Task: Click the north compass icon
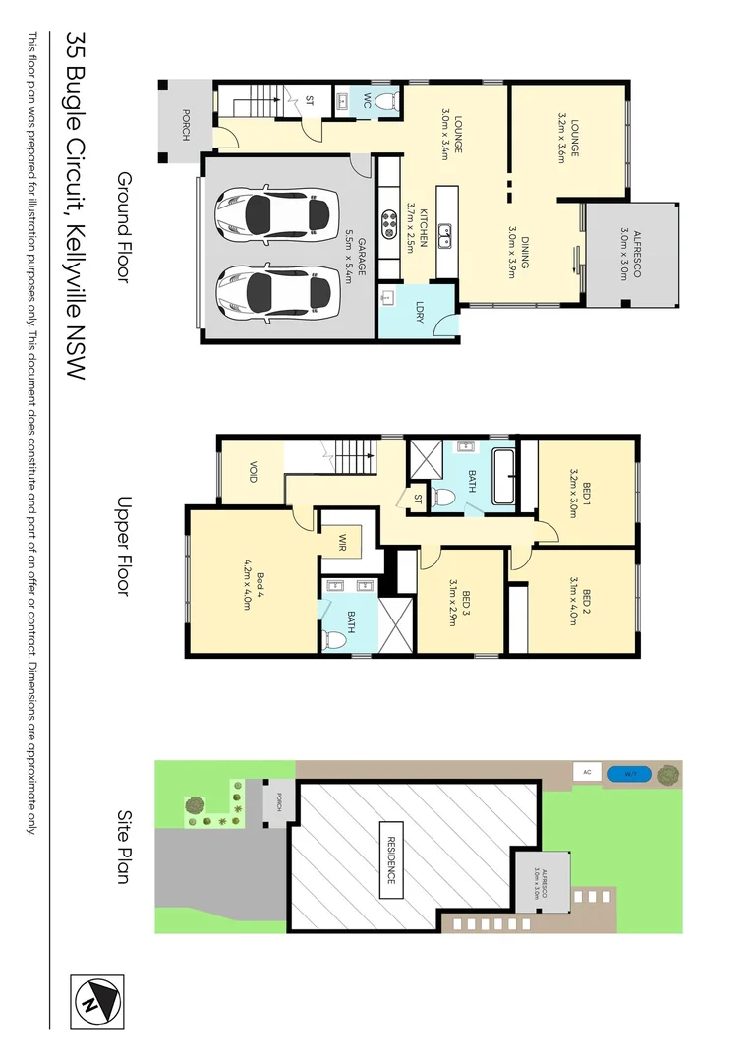[x=97, y=1002]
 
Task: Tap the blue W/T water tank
[x=621, y=773]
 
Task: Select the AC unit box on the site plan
[x=587, y=773]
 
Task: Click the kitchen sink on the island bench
[x=445, y=234]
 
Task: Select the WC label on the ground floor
[x=367, y=100]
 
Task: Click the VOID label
[x=252, y=473]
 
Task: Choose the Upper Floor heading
[x=124, y=547]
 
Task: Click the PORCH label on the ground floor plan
[x=185, y=122]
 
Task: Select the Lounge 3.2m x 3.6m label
[x=568, y=140]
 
